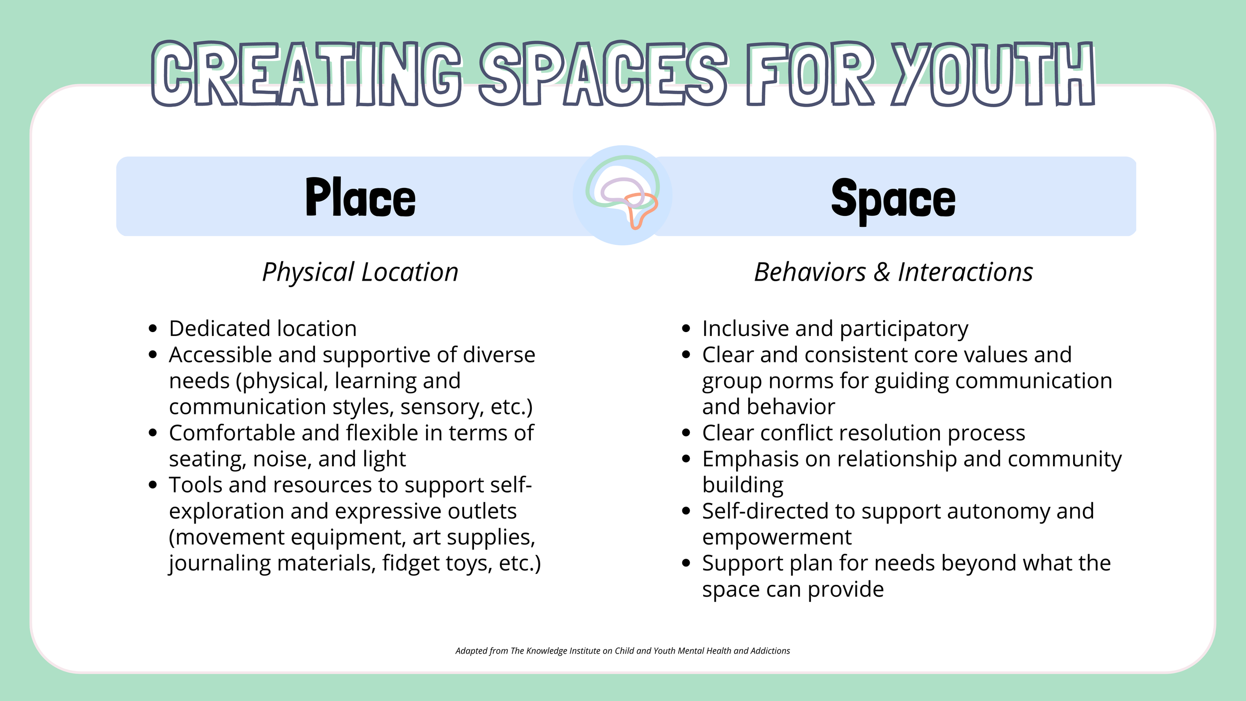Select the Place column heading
(360, 198)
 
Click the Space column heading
(893, 199)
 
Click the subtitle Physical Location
(360, 272)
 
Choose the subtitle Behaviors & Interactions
(893, 272)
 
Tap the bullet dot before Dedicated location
(153, 329)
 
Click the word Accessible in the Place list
(220, 355)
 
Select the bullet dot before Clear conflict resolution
(686, 433)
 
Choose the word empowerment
(777, 537)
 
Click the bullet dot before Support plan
(686, 563)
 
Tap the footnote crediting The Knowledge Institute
(623, 651)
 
